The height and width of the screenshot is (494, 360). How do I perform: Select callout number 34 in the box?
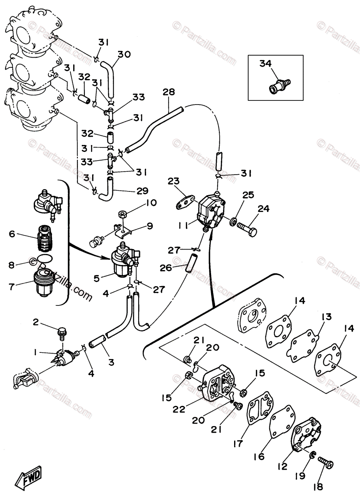[266, 63]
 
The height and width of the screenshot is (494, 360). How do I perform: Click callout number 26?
[165, 268]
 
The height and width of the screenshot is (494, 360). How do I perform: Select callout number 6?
[12, 234]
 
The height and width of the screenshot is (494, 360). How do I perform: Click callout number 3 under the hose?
[111, 363]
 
